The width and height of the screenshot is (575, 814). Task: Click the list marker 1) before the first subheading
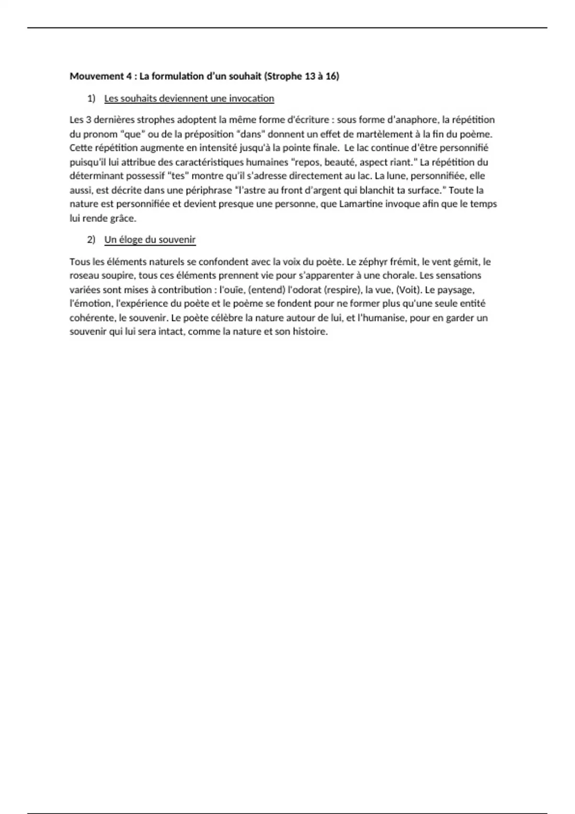tap(91, 98)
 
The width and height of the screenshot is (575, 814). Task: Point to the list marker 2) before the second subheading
tap(91, 239)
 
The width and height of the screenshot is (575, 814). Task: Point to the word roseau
tap(84, 275)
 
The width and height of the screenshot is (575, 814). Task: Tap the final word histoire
tap(310, 331)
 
